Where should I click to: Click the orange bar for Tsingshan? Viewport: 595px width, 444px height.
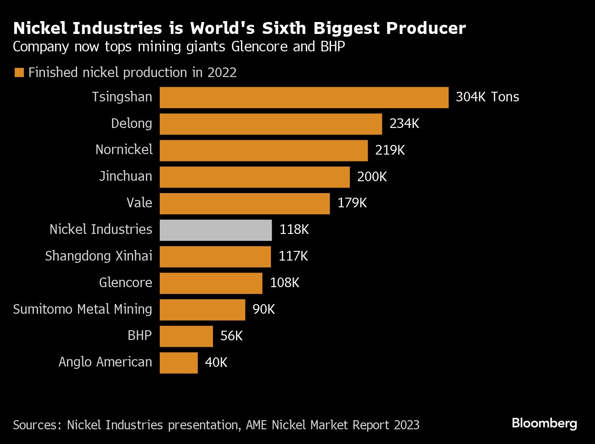pyautogui.click(x=304, y=98)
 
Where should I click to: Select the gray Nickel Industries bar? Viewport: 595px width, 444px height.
pyautogui.click(x=216, y=230)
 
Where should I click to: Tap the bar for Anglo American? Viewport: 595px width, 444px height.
pyautogui.click(x=179, y=363)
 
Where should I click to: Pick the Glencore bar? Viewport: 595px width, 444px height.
pyautogui.click(x=211, y=283)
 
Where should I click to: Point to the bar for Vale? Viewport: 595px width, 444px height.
pyautogui.click(x=245, y=204)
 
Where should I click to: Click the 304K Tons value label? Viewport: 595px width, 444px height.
pyautogui.click(x=487, y=97)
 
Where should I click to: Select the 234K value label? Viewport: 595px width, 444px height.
pyautogui.click(x=404, y=124)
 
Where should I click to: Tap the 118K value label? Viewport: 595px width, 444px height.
pyautogui.click(x=294, y=230)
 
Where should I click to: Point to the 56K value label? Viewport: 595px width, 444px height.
pyautogui.click(x=231, y=336)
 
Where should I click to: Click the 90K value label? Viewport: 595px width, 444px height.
pyautogui.click(x=264, y=310)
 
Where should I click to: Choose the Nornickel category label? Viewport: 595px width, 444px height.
pyautogui.click(x=124, y=150)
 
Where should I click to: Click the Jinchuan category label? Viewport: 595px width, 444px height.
pyautogui.click(x=125, y=177)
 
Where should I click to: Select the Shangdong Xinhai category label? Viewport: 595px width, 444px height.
pyautogui.click(x=98, y=256)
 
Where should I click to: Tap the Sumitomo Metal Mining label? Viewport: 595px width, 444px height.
pyautogui.click(x=83, y=309)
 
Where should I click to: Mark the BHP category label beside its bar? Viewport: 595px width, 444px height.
pyautogui.click(x=140, y=336)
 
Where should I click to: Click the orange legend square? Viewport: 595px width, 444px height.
pyautogui.click(x=19, y=73)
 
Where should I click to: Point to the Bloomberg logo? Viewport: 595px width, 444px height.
pyautogui.click(x=544, y=423)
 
